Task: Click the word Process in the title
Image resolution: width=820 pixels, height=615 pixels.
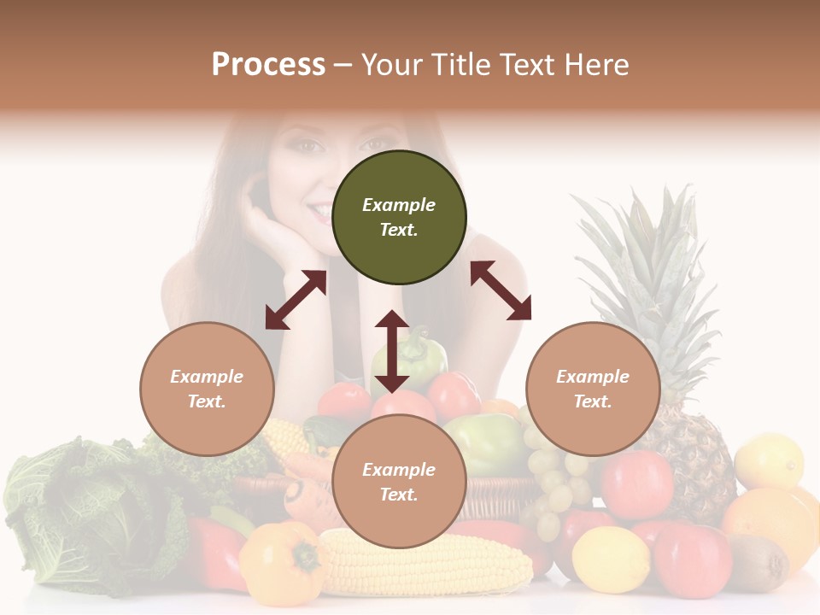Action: pos(268,65)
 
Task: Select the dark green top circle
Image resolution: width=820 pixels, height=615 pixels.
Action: pos(399,217)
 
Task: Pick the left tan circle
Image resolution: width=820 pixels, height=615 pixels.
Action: pos(207,389)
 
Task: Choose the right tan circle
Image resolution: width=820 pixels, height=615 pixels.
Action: pos(592,389)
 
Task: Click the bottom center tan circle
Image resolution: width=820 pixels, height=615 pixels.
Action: pos(399,482)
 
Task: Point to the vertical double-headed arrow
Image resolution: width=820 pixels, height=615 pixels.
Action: pos(392,351)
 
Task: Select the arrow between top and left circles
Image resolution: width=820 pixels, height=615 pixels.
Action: pos(296,300)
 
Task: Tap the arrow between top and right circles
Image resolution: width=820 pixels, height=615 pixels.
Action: pos(501,290)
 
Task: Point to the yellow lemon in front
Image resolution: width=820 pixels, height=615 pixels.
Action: pos(610,559)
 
